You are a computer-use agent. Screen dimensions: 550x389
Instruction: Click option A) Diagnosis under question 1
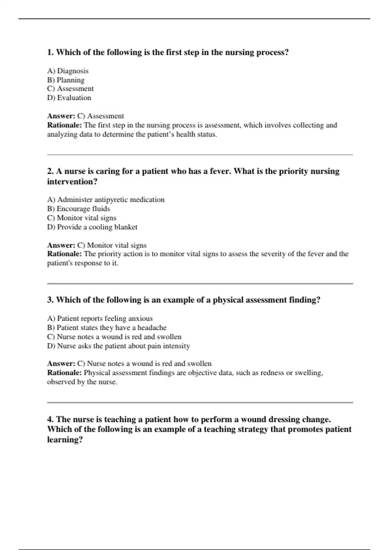tap(68, 71)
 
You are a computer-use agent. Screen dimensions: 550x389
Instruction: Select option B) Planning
tap(66, 80)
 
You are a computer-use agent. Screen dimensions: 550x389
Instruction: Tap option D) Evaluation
tap(69, 98)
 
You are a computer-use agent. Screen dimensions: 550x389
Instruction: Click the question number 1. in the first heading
tap(51, 52)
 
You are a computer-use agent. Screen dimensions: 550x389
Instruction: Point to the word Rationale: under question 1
tap(64, 125)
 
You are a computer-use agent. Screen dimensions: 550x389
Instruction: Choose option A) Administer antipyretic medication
tap(106, 200)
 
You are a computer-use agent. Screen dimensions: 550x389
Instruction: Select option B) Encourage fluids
tap(78, 209)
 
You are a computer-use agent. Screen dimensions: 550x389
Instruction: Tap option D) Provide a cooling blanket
tap(92, 227)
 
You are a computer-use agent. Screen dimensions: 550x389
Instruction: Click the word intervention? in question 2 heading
tap(72, 181)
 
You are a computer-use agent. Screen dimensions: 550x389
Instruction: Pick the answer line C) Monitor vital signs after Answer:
tap(112, 245)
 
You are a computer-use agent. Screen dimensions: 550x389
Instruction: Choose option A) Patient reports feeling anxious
tap(100, 318)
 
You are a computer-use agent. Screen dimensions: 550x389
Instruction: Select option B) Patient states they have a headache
tap(107, 327)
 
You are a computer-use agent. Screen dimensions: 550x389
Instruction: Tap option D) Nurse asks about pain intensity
tap(118, 346)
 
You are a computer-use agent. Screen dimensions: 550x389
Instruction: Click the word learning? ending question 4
tap(65, 440)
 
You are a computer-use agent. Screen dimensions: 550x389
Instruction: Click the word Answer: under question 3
tap(61, 364)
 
